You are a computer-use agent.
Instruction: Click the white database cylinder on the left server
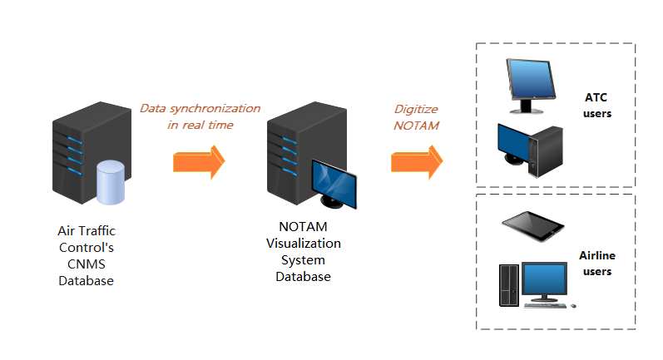point(110,183)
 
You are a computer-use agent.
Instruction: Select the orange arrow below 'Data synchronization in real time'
point(199,161)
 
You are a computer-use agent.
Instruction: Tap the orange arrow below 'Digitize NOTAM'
point(417,161)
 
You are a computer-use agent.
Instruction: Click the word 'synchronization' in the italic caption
point(218,109)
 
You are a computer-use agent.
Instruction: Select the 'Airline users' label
point(596,264)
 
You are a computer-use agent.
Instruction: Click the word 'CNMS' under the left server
point(86,264)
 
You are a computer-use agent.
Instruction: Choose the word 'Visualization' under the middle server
point(304,244)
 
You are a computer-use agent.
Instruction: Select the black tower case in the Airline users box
point(509,285)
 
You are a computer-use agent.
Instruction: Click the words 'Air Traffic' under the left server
point(86,231)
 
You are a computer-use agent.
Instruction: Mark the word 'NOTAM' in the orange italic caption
point(416,125)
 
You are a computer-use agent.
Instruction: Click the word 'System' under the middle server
point(304,260)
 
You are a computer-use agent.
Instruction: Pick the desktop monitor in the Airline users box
point(544,280)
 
